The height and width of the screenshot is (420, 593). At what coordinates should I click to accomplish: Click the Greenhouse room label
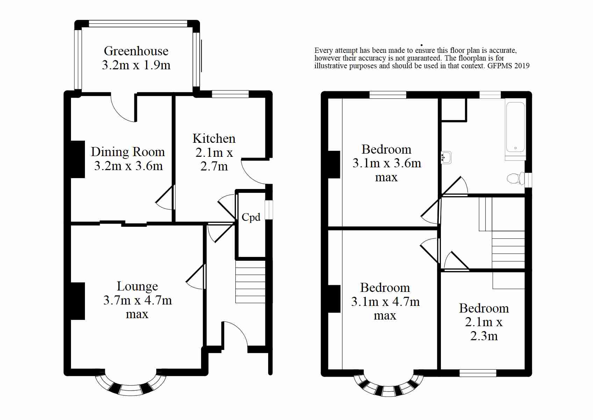pyautogui.click(x=136, y=51)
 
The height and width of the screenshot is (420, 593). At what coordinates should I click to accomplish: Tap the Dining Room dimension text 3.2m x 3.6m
pyautogui.click(x=128, y=166)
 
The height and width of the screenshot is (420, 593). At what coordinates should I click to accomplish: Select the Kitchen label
pyautogui.click(x=214, y=139)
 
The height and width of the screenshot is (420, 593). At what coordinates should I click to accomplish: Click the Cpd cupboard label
pyautogui.click(x=251, y=217)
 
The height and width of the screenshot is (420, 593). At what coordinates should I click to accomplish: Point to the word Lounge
pyautogui.click(x=137, y=286)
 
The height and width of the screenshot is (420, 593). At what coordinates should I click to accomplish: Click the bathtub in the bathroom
pyautogui.click(x=515, y=127)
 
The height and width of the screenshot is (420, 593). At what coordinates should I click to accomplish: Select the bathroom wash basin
pyautogui.click(x=446, y=157)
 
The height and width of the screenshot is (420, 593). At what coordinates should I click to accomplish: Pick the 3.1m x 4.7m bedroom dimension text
pyautogui.click(x=385, y=302)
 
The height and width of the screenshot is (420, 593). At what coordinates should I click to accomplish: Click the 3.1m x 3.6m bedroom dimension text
pyautogui.click(x=387, y=163)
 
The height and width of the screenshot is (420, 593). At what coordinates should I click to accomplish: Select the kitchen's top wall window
pyautogui.click(x=230, y=94)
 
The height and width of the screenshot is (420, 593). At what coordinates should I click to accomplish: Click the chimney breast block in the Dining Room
pyautogui.click(x=78, y=159)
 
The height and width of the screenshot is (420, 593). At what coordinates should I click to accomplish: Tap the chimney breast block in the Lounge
pyautogui.click(x=78, y=301)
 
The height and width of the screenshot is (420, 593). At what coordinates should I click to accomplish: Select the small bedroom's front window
pyautogui.click(x=478, y=373)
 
